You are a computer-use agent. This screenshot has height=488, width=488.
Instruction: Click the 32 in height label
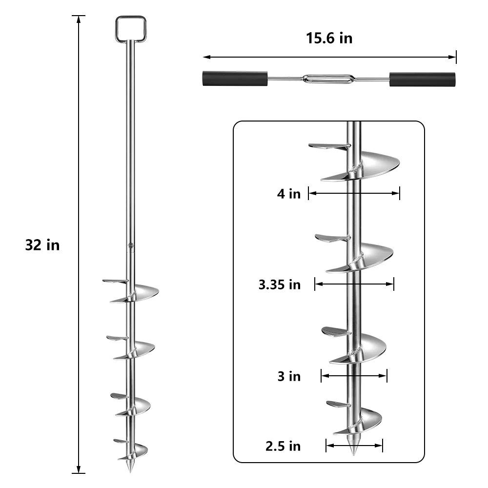point(42,244)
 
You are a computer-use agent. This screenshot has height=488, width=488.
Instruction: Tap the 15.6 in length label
point(329,39)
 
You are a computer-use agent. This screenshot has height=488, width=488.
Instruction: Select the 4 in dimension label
point(289,194)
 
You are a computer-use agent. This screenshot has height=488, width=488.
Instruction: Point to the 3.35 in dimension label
point(280,285)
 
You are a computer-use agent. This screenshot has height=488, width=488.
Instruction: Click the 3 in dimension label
point(289,376)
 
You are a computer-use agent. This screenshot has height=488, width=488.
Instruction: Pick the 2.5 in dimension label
point(284,446)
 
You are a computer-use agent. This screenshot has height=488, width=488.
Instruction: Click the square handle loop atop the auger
point(130,29)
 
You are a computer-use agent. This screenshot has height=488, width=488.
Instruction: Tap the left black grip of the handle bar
point(234,79)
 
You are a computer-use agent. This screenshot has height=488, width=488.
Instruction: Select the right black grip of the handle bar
point(422,79)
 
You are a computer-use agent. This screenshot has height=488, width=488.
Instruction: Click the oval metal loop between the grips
point(328,79)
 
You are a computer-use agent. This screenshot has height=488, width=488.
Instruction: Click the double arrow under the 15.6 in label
point(329,57)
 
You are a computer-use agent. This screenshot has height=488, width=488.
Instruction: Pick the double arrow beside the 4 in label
point(354,193)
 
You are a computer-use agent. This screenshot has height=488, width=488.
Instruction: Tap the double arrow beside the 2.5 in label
point(354,445)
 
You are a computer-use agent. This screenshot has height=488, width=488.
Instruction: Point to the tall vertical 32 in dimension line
point(79,244)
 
